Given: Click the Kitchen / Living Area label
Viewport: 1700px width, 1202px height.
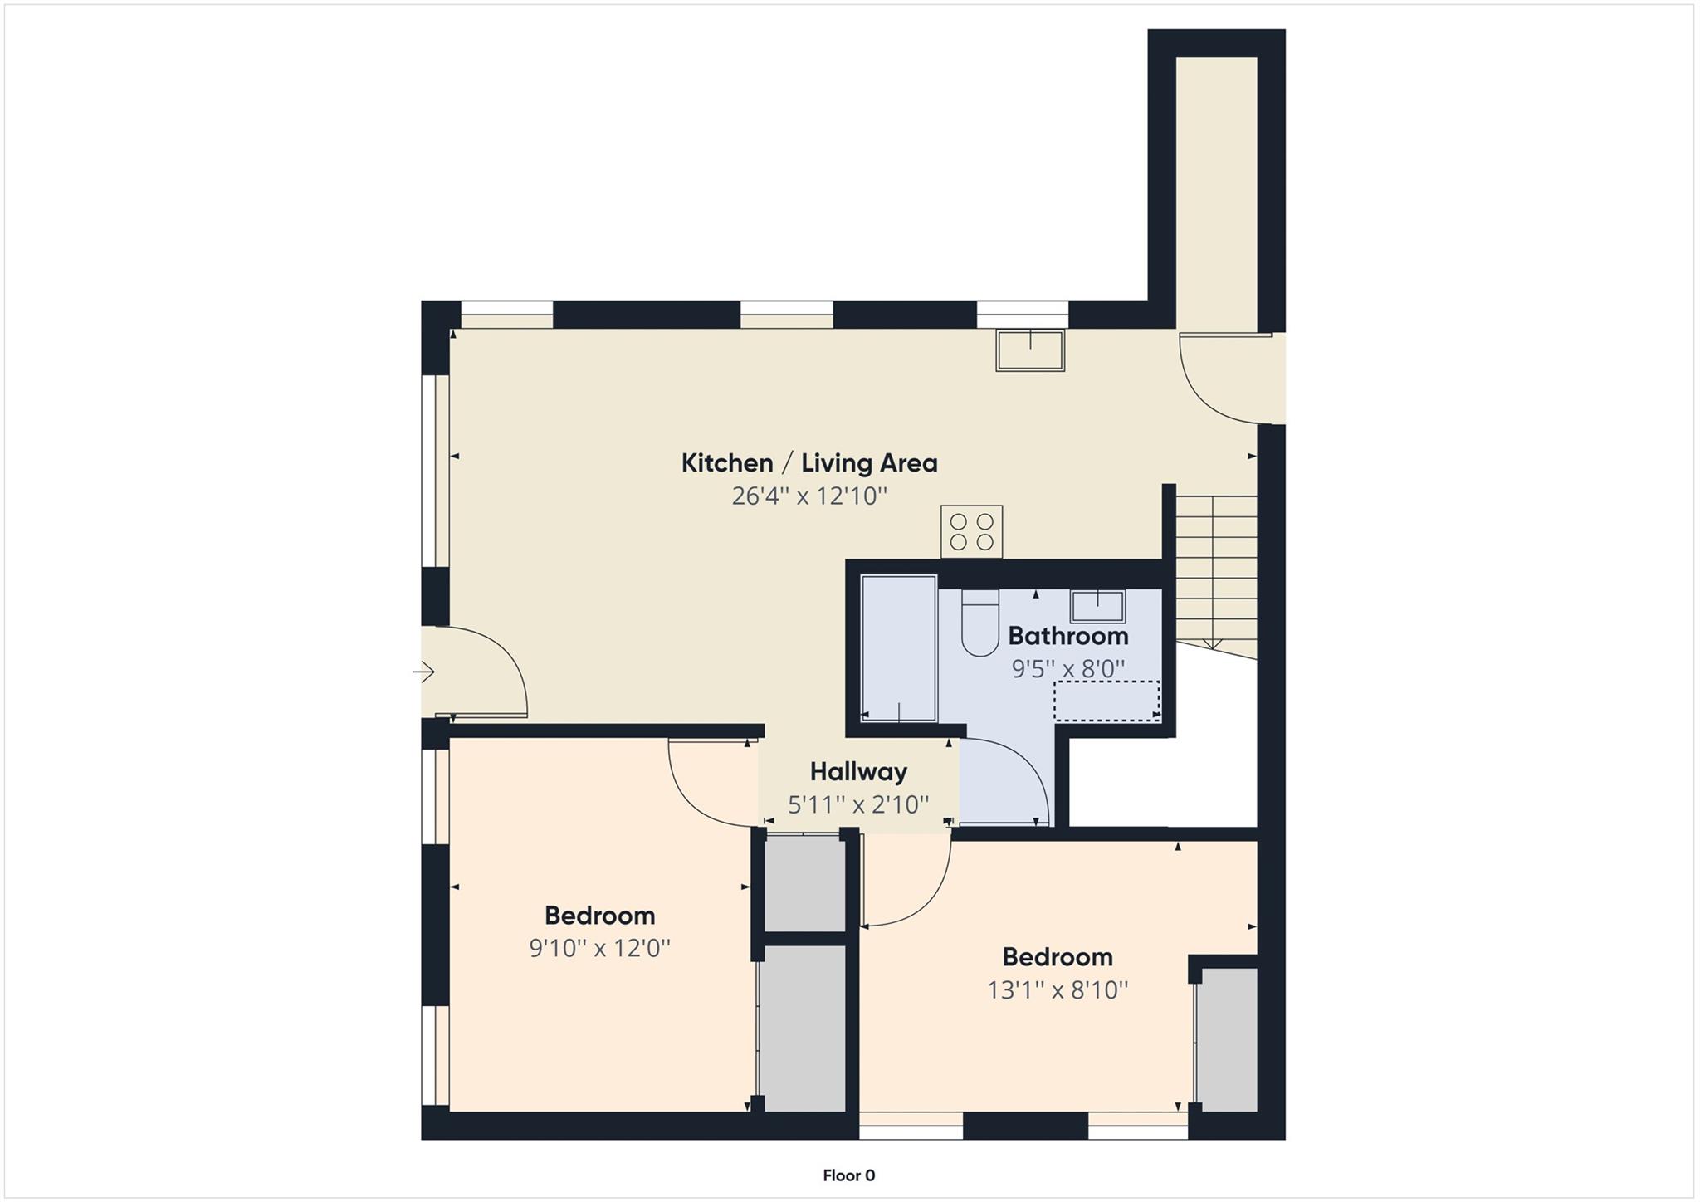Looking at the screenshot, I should (x=808, y=463).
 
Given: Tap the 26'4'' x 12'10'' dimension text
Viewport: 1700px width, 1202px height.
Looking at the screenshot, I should (x=808, y=496).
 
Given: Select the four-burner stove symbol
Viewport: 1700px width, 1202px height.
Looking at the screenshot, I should (x=971, y=531).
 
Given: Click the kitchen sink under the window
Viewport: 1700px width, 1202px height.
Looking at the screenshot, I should (x=1030, y=350).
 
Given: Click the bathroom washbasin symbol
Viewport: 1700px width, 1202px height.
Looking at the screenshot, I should (x=1097, y=606).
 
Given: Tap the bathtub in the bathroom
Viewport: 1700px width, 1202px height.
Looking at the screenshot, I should (x=899, y=647).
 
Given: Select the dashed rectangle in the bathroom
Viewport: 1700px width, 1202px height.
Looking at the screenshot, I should (x=1106, y=701).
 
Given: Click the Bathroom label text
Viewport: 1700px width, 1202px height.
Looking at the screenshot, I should (x=1067, y=636).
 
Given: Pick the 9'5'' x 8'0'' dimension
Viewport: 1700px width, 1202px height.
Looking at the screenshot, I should (x=1067, y=668).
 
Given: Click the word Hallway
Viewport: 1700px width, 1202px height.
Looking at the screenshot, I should (x=858, y=772).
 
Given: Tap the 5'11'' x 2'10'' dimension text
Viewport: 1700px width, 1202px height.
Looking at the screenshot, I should (x=858, y=804).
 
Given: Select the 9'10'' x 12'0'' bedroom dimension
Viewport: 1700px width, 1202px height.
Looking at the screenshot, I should (x=599, y=948).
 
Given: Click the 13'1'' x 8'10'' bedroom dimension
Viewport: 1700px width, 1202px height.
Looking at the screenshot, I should (x=1058, y=989).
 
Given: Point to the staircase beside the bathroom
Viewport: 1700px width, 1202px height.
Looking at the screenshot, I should (x=1216, y=573).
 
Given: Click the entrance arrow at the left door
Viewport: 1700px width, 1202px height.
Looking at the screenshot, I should (x=424, y=672).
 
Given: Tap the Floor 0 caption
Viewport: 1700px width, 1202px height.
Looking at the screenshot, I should (x=848, y=1175).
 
